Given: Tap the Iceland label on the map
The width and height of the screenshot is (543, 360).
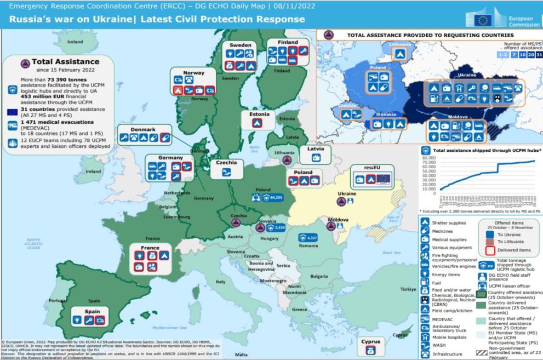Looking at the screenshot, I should pyautogui.click(x=75, y=42).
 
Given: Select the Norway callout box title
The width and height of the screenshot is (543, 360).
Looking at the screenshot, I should pyautogui.click(x=193, y=72).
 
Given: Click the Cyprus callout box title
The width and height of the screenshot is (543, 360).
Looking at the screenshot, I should pyautogui.click(x=370, y=342).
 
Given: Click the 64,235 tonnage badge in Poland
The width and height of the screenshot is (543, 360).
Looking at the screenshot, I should pyautogui.click(x=272, y=197).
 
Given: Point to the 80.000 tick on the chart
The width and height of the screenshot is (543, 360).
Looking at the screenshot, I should pyautogui.click(x=431, y=158).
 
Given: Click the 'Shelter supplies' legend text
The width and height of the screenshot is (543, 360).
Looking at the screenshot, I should pyautogui.click(x=449, y=223).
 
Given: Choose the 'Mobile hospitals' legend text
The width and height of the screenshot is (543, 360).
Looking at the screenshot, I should pyautogui.click(x=449, y=337).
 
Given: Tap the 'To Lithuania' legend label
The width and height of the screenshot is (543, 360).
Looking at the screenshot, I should pyautogui.click(x=510, y=242).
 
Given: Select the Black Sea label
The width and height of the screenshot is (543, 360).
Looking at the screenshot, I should pyautogui.click(x=391, y=253).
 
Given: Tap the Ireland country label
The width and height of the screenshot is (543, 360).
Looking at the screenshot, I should pyautogui.click(x=93, y=171).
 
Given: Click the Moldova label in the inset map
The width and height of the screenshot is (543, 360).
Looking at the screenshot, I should pyautogui.click(x=458, y=117).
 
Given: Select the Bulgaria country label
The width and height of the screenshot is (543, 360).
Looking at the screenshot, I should pyautogui.click(x=319, y=277).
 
